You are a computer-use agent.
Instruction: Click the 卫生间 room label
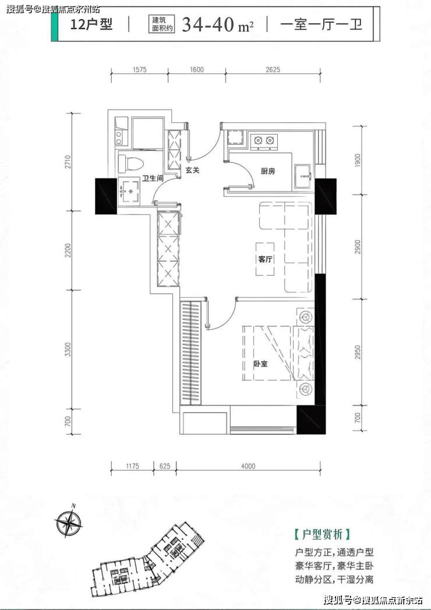click(153, 178)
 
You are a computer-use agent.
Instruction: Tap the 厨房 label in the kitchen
click(267, 171)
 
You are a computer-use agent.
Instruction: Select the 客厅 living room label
click(265, 259)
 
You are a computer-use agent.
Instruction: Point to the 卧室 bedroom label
click(260, 364)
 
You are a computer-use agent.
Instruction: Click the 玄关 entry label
click(192, 170)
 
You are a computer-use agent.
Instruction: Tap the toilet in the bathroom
click(130, 164)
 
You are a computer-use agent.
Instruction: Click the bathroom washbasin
click(129, 191)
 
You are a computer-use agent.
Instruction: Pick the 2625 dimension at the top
click(273, 70)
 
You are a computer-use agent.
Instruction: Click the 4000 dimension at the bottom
click(248, 466)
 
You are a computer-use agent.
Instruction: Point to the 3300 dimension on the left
click(68, 350)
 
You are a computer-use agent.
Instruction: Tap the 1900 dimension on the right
click(358, 160)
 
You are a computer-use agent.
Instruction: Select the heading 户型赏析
click(323, 534)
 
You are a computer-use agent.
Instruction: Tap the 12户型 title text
click(91, 24)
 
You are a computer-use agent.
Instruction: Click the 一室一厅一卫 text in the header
click(322, 24)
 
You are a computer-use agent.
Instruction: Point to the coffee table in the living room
click(265, 259)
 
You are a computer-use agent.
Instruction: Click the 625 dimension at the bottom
click(165, 466)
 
